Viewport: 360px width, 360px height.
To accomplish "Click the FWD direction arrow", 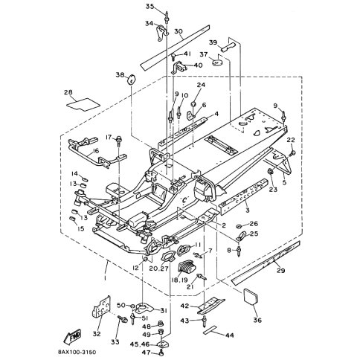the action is coord(72,336).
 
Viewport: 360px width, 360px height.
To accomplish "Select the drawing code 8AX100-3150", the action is coord(77,352).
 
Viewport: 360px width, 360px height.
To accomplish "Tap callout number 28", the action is coord(68,92).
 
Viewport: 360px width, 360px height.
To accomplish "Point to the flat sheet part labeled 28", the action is coord(83,104).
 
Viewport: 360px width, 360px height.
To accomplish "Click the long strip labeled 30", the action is coord(175,47).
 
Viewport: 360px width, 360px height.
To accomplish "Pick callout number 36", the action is coord(257,320).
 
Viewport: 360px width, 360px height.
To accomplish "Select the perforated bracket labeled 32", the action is coord(101,308).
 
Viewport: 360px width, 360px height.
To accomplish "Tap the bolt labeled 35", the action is coord(167,17).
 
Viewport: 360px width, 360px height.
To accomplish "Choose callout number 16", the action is coord(96,151).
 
